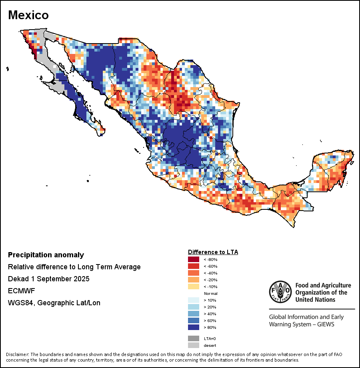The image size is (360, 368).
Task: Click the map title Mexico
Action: point(28,15)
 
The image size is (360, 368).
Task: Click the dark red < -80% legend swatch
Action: point(194,260)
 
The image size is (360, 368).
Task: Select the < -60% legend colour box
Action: point(194,267)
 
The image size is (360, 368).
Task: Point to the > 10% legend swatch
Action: point(194,300)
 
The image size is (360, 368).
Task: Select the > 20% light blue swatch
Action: point(194,307)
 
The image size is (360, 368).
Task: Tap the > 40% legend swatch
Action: point(194,314)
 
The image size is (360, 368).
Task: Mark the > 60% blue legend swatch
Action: point(194,321)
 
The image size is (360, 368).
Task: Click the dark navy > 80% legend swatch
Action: point(194,328)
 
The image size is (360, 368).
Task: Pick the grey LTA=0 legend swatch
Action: point(194,338)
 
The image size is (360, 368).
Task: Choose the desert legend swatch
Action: point(194,345)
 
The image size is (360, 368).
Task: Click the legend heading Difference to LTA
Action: point(213,252)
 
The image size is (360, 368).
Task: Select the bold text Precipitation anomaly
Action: point(46,255)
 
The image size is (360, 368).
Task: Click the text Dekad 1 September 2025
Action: point(48,278)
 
